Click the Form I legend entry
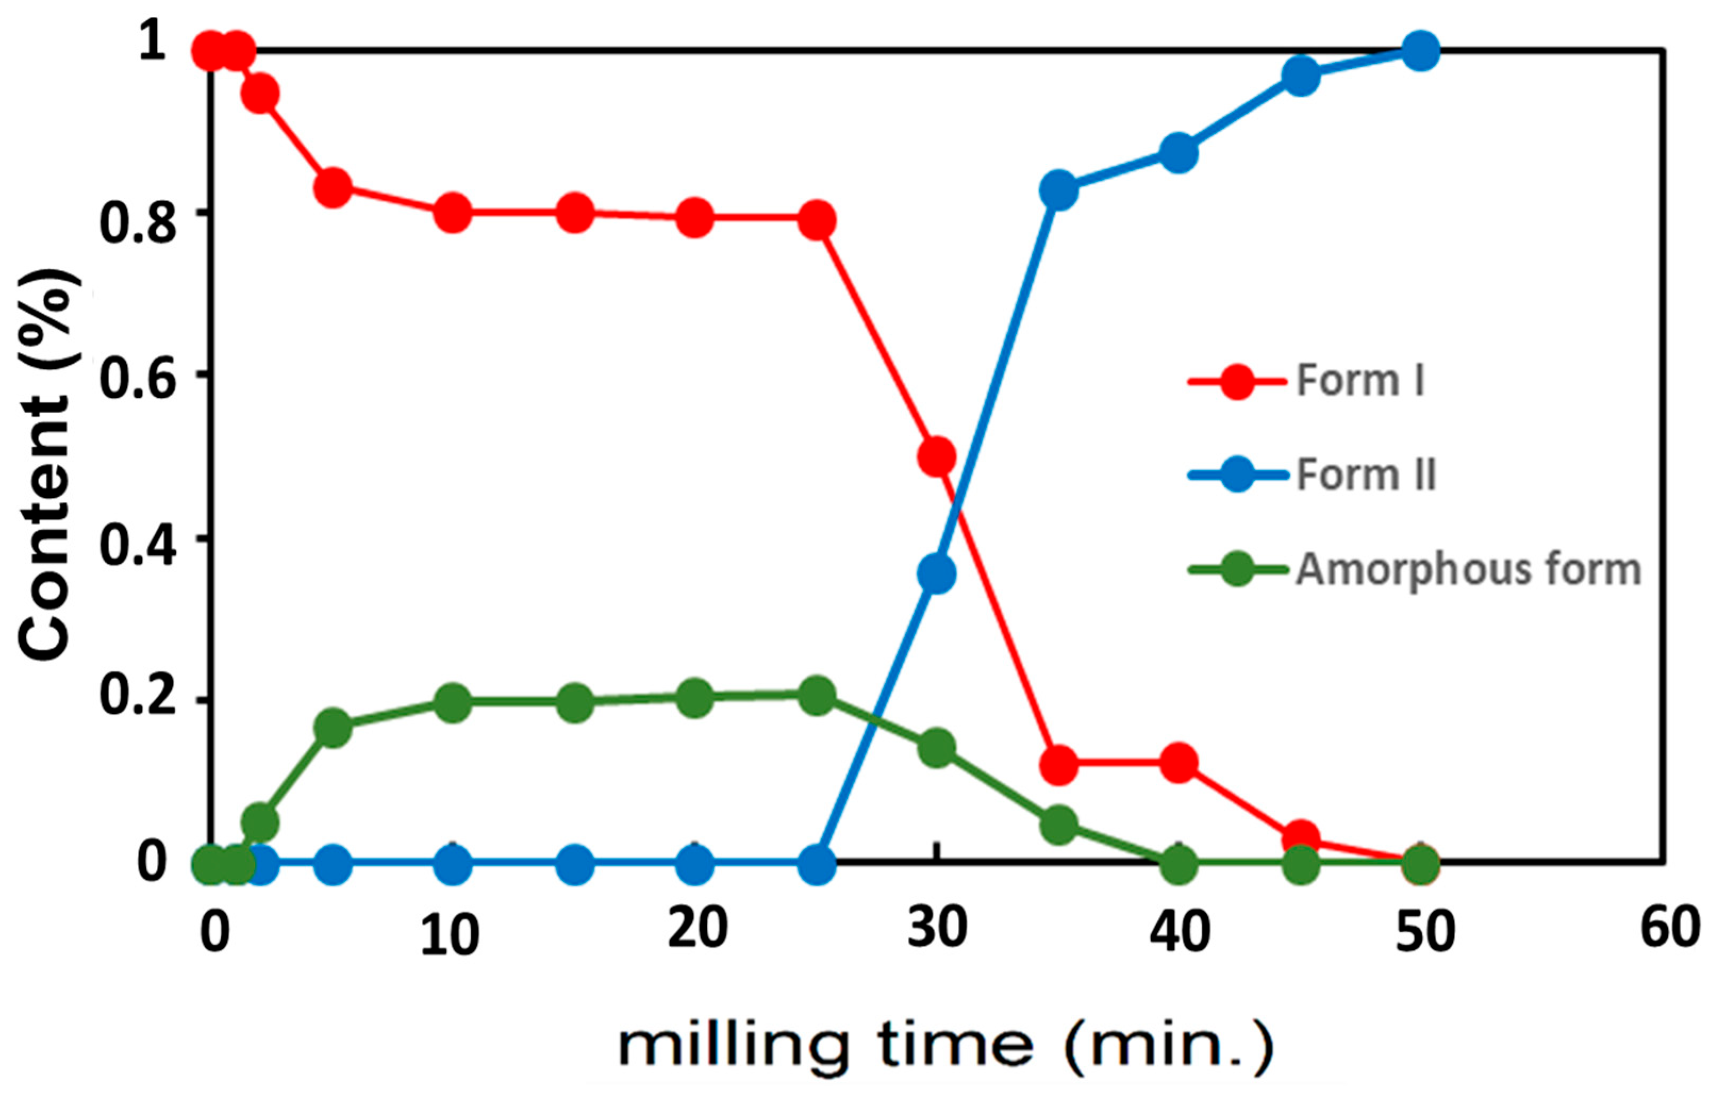coord(1359,380)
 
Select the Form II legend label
coord(1365,474)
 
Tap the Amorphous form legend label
coord(1467,569)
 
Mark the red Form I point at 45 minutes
coord(1300,838)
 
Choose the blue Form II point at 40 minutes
coord(1178,152)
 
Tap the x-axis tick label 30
coord(937,928)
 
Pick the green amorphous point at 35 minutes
coord(1058,824)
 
